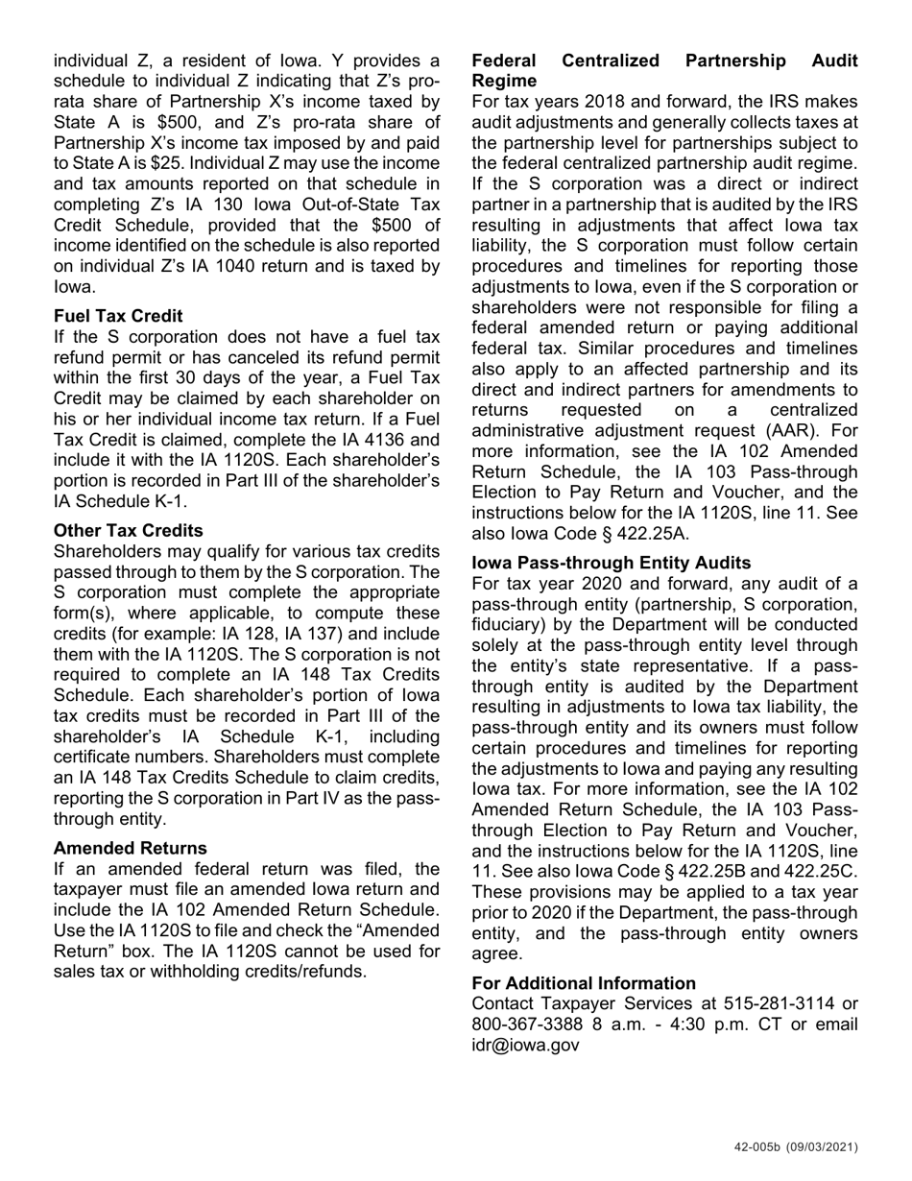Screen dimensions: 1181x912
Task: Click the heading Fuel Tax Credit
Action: [x=118, y=316]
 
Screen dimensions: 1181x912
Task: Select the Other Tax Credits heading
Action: [x=129, y=531]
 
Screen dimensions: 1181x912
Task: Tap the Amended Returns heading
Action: [x=130, y=848]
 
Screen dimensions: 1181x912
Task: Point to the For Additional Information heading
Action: [x=584, y=983]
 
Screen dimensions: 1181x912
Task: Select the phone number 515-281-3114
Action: [x=779, y=1003]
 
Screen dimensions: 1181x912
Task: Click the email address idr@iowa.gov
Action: [x=525, y=1045]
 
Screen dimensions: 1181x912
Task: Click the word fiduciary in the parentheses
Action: [x=507, y=625]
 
